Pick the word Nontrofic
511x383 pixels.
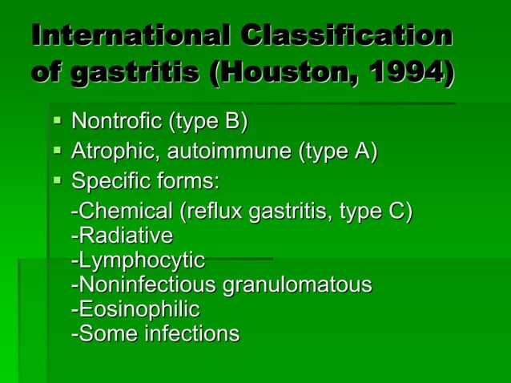pos(115,122)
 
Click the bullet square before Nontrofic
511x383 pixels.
pos(57,123)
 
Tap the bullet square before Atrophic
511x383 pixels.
pos(57,151)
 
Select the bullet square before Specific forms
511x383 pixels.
pos(57,182)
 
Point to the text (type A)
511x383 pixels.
pos(338,151)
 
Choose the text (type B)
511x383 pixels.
pos(208,122)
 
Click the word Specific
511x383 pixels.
pos(107,182)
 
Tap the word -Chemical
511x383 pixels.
pos(122,212)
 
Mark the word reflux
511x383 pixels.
pos(212,212)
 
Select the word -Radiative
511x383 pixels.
pos(122,236)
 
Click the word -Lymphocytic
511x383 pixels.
pos(138,260)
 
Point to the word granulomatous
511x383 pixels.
pos(308,284)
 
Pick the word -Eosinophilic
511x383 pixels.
pos(135,308)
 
